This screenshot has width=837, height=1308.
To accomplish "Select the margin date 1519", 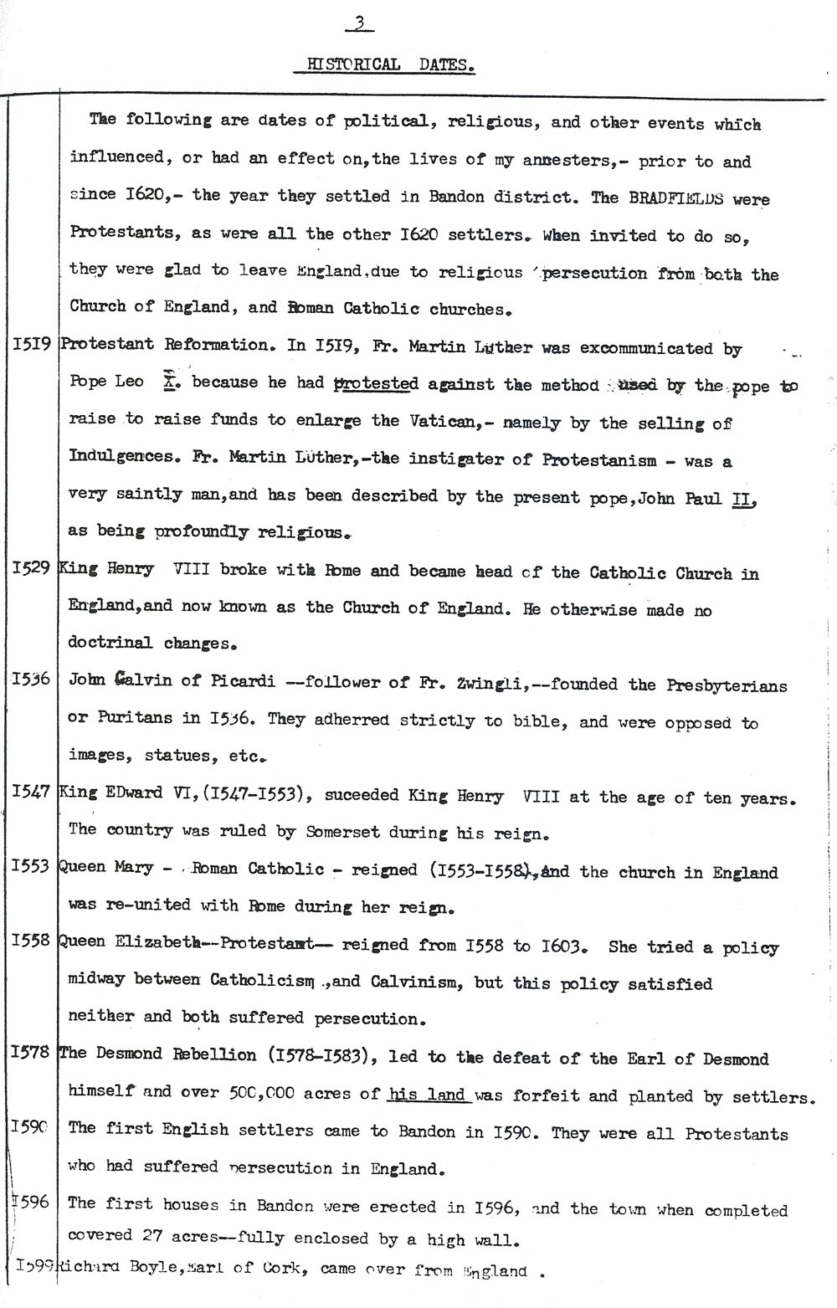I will coord(32,344).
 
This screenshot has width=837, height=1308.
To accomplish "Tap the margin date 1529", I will coord(33,568).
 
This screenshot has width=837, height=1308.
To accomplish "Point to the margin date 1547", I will coord(32,792).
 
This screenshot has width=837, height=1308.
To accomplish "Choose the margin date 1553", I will coord(32,867).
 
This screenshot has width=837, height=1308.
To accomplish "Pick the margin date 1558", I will coord(32,941).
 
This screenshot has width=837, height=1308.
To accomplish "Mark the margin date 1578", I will coord(32,1053).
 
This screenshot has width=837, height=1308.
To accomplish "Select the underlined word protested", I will coord(376,384).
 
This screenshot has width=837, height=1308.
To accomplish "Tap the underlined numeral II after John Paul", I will coord(743,499).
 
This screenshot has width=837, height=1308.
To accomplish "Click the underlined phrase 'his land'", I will coord(429,1095).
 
